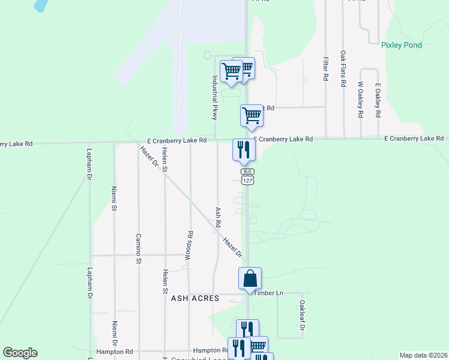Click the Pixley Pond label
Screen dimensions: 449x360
(x=402, y=45)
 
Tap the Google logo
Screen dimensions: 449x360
(x=20, y=353)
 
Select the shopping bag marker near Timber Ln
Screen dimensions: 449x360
(x=250, y=279)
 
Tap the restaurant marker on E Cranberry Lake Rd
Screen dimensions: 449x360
(x=244, y=149)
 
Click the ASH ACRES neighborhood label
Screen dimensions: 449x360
(x=194, y=298)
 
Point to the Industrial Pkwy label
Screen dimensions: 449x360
(x=214, y=97)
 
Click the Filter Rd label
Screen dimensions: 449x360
(x=325, y=69)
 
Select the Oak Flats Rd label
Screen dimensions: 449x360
(x=343, y=69)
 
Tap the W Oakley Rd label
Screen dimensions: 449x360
(x=361, y=99)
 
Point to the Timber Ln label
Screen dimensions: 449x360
(x=268, y=293)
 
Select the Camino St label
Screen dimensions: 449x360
(x=138, y=248)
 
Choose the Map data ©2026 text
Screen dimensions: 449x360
(x=423, y=355)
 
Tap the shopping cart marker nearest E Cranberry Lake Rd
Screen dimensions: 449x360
(x=252, y=115)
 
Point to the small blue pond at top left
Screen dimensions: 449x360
(x=41, y=5)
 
